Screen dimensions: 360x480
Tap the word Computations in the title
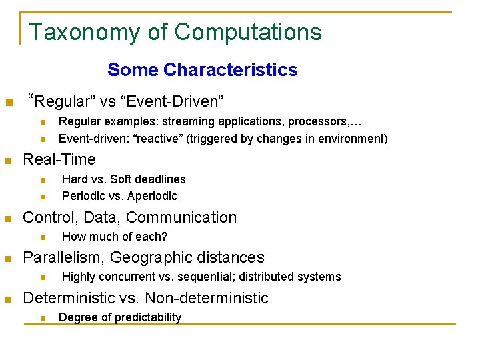tap(247, 32)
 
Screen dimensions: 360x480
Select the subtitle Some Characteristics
tap(202, 69)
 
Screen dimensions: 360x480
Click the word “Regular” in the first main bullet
tap(59, 101)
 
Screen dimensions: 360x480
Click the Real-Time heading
tap(59, 159)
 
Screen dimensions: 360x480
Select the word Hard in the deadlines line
tap(75, 179)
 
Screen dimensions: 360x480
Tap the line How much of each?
tap(114, 237)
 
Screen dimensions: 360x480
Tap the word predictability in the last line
tap(148, 317)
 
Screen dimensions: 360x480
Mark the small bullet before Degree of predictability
tap(43, 318)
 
